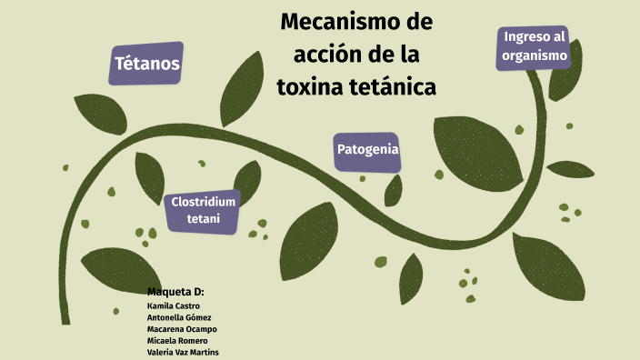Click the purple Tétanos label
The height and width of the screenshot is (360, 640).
tap(146, 64)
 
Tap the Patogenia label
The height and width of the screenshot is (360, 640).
tap(367, 149)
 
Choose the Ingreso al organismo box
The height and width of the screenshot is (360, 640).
tap(533, 46)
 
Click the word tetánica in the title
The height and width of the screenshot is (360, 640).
tap(395, 86)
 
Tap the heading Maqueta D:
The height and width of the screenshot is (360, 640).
tap(175, 292)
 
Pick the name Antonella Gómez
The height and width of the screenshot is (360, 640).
tap(176, 317)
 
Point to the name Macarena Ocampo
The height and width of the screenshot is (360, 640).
tap(182, 329)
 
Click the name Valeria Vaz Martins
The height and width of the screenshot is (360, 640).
tap(182, 352)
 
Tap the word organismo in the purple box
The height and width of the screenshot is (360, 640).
tap(533, 55)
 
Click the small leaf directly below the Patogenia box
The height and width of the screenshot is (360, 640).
tap(394, 190)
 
